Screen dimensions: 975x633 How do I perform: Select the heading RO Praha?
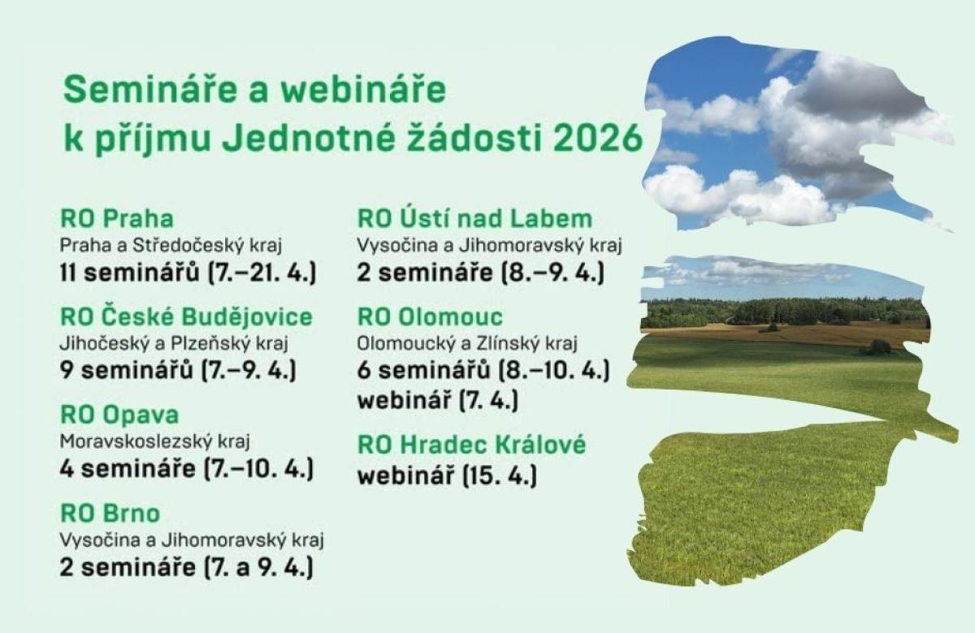pyautogui.click(x=117, y=218)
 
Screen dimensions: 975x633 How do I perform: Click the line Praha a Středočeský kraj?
pyautogui.click(x=171, y=246)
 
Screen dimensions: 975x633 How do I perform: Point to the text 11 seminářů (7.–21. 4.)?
pyautogui.click(x=188, y=273)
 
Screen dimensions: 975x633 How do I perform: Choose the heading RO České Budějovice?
pyautogui.click(x=186, y=316)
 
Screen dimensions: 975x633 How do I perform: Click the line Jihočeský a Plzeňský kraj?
pyautogui.click(x=174, y=344)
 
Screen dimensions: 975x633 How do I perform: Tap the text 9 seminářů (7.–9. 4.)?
pyautogui.click(x=178, y=371)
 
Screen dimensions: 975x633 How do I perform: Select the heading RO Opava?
pyautogui.click(x=119, y=416)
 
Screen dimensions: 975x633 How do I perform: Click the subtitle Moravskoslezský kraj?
pyautogui.click(x=154, y=441)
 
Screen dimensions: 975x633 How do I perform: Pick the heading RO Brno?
pyautogui.click(x=110, y=513)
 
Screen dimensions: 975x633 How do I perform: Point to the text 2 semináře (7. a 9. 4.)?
pyautogui.click(x=186, y=568)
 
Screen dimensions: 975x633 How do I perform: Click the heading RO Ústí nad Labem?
pyautogui.click(x=474, y=217)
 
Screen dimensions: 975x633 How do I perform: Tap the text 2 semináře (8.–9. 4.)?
pyautogui.click(x=480, y=273)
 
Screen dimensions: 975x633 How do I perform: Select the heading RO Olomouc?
pyautogui.click(x=430, y=316)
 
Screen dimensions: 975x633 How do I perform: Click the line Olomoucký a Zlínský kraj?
pyautogui.click(x=467, y=344)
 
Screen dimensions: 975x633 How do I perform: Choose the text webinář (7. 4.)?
pyautogui.click(x=438, y=400)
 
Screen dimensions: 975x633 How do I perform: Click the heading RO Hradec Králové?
pyautogui.click(x=471, y=445)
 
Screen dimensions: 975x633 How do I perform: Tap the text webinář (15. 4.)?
pyautogui.click(x=447, y=476)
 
